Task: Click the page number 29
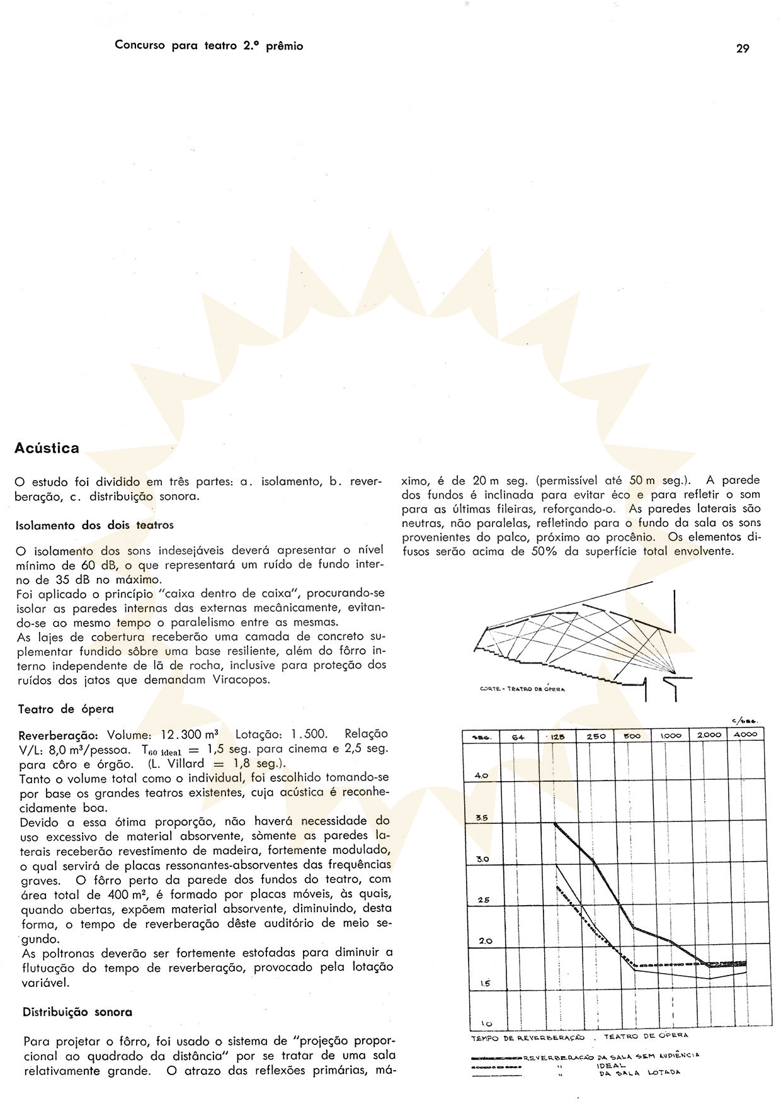743,48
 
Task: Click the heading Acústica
47,448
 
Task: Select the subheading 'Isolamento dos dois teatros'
94,524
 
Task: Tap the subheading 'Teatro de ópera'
66,709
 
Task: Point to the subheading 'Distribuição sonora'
77,1012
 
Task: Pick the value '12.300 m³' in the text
190,735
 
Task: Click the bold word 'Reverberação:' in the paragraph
60,735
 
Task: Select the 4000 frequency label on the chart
745,735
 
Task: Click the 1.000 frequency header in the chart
670,735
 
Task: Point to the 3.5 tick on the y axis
482,818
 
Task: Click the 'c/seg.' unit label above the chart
744,721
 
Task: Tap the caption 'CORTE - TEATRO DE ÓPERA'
523,689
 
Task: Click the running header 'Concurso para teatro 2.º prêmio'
208,46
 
